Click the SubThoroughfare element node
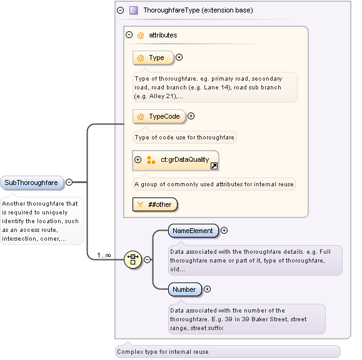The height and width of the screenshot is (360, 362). (31, 182)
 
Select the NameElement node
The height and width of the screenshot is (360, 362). (193, 231)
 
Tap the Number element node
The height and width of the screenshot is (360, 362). (184, 289)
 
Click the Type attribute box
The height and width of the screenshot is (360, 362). (153, 57)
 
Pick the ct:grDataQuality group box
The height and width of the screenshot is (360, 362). (175, 160)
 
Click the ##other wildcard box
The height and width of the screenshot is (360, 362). (155, 204)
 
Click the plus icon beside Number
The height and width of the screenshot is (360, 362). (208, 289)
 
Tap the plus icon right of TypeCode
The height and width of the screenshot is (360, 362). (191, 116)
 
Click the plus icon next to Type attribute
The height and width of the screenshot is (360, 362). (179, 57)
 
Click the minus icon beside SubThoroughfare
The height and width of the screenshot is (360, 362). (69, 182)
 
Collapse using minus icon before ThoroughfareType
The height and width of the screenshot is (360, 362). (120, 10)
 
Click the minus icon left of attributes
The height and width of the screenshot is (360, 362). (129, 35)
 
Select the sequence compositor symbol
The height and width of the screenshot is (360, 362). (133, 259)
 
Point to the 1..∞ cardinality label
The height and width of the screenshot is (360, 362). (104, 255)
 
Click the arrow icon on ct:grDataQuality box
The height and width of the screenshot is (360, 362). (213, 166)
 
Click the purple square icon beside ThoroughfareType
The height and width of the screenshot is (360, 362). (133, 10)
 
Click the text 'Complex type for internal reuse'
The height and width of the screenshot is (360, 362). (163, 351)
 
